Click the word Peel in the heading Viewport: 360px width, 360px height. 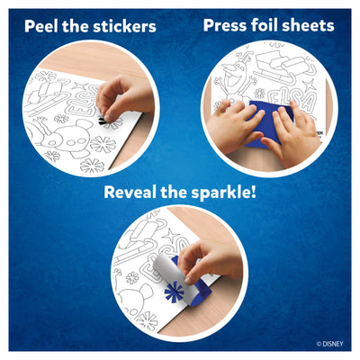coord(45,26)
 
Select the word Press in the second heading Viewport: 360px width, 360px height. coord(225,24)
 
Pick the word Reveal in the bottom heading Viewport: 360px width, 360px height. coord(135,193)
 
